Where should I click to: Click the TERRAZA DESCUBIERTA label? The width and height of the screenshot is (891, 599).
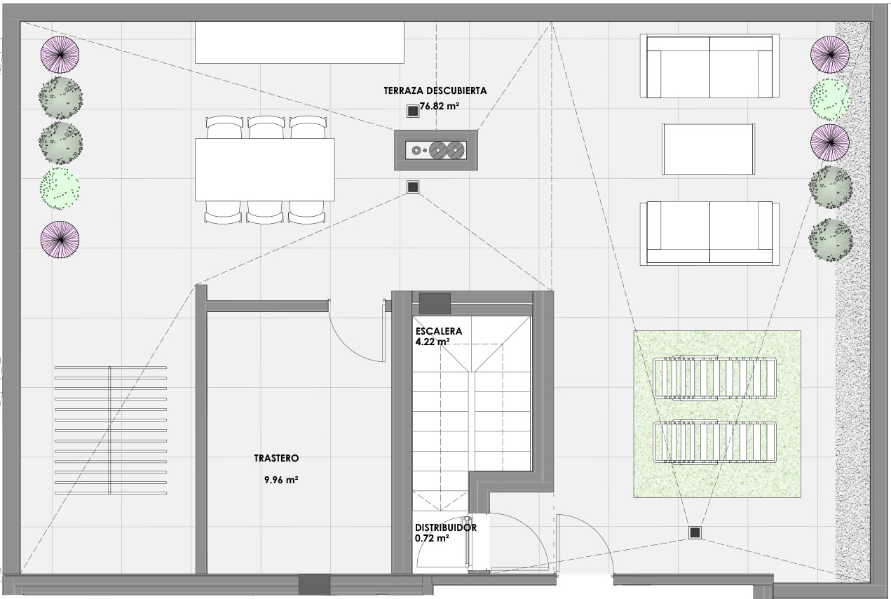[435, 90]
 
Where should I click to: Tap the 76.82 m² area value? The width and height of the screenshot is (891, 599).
[440, 107]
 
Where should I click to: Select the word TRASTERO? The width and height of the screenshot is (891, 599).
[276, 458]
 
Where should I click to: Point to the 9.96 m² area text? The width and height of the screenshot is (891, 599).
[281, 480]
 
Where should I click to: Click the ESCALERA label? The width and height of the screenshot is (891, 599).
[439, 331]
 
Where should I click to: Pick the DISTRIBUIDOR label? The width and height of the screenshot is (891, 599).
[446, 527]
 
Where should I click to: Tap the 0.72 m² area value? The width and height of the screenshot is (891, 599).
[432, 539]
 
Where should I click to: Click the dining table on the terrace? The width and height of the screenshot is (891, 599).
[264, 170]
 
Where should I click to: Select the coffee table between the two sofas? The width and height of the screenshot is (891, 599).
[708, 149]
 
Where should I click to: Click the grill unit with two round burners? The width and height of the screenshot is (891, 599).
[436, 150]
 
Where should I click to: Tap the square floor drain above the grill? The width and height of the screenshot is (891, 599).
[413, 111]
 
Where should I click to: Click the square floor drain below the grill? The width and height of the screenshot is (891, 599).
[413, 187]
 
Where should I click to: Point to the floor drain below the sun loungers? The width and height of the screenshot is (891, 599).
[695, 532]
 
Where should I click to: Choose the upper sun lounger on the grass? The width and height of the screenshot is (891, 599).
[714, 378]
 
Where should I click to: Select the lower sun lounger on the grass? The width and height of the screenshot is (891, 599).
[714, 442]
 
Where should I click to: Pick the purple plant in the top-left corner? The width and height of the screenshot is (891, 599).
[60, 55]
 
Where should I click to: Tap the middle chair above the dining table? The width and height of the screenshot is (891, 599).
[266, 127]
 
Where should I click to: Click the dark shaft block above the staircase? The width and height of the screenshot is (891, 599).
[435, 304]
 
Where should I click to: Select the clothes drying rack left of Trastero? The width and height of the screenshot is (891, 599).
[111, 430]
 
